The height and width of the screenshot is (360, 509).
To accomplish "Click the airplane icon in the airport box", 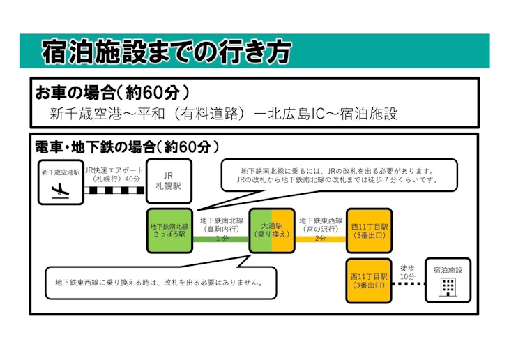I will point(60,189).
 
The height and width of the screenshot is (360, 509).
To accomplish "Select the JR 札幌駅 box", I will point(168,181).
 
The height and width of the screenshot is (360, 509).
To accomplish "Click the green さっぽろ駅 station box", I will point(168,231).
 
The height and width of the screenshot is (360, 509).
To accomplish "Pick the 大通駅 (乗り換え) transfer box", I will point(272,231).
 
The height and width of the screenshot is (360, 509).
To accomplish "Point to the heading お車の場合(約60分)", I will point(112,92).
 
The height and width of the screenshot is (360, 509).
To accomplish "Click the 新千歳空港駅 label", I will point(60,172).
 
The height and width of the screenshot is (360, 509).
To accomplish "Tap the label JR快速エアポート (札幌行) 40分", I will point(114,174).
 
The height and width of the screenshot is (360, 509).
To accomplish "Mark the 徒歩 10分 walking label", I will point(408,272).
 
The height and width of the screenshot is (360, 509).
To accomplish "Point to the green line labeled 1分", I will point(221,239).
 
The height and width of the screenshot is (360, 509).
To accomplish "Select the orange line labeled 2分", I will point(321,239).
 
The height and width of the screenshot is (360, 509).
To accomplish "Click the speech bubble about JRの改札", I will point(338,175).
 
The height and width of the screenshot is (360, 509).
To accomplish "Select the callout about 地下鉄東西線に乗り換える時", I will point(158,283).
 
